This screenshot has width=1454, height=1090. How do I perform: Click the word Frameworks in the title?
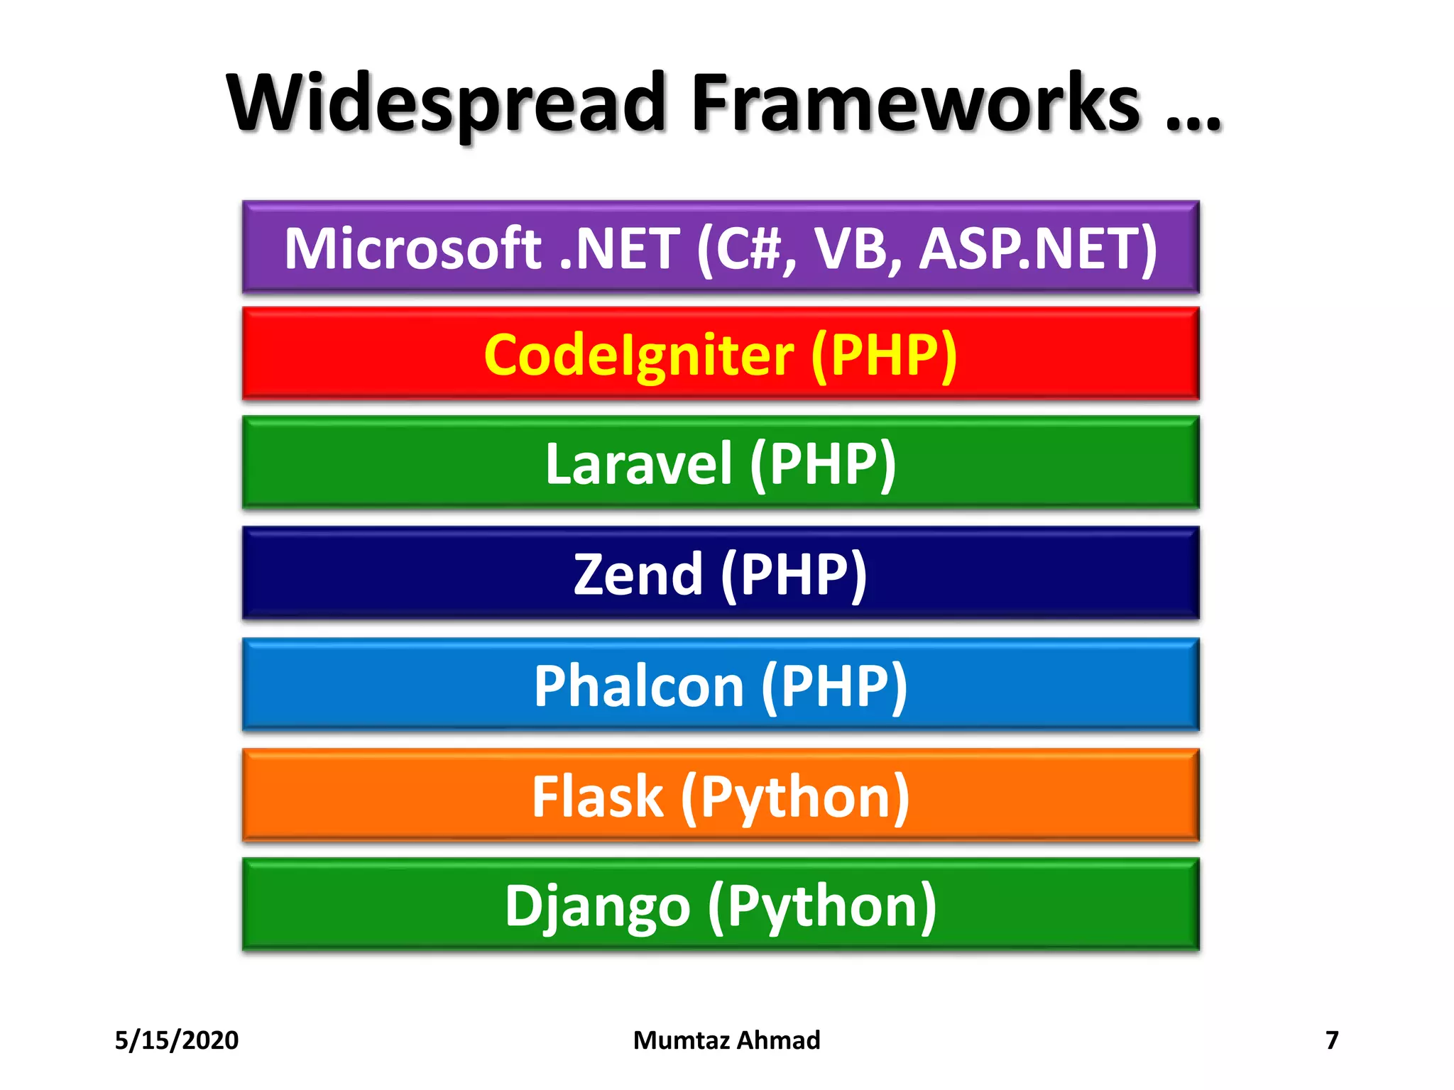(x=915, y=103)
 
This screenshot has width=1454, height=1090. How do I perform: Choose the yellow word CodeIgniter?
(x=638, y=355)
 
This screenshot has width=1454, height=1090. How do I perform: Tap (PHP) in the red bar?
(x=884, y=355)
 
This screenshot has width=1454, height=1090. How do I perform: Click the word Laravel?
(x=638, y=463)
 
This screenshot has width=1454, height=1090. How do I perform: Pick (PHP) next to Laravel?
(x=823, y=463)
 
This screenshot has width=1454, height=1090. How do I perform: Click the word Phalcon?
(x=638, y=686)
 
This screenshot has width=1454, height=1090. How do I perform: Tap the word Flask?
(x=597, y=797)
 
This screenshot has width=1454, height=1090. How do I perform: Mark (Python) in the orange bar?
(x=795, y=797)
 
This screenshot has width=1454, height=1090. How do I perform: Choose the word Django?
(x=597, y=906)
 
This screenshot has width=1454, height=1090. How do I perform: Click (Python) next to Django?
(x=822, y=906)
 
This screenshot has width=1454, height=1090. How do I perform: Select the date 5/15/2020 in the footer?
(x=177, y=1040)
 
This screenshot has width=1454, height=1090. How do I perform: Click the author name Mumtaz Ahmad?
(x=726, y=1040)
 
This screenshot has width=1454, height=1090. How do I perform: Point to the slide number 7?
(x=1332, y=1040)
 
